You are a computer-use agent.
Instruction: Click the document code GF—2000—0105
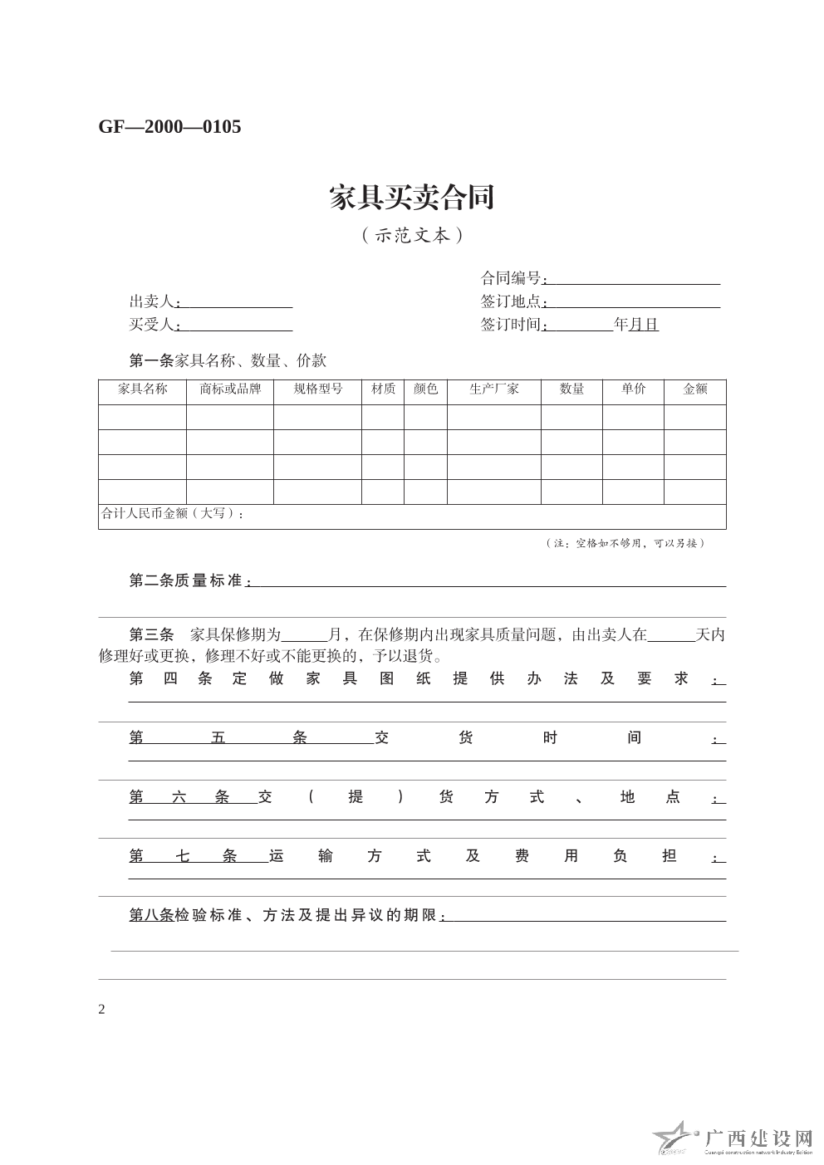169,127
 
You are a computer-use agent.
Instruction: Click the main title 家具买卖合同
411,198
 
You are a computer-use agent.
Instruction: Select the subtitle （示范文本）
411,236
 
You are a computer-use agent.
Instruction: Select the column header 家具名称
142,389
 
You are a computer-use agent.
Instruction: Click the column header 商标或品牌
230,389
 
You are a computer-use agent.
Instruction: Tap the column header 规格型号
317,389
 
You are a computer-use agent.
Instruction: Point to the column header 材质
383,389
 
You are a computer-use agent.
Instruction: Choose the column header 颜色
425,389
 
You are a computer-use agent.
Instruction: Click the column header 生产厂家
493,389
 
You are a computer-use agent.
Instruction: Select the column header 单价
633,389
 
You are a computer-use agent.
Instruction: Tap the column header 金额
694,389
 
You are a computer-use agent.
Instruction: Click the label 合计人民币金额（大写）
172,514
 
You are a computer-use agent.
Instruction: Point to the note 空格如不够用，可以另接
625,544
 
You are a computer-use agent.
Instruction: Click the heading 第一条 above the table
151,361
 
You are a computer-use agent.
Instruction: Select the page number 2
102,1010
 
